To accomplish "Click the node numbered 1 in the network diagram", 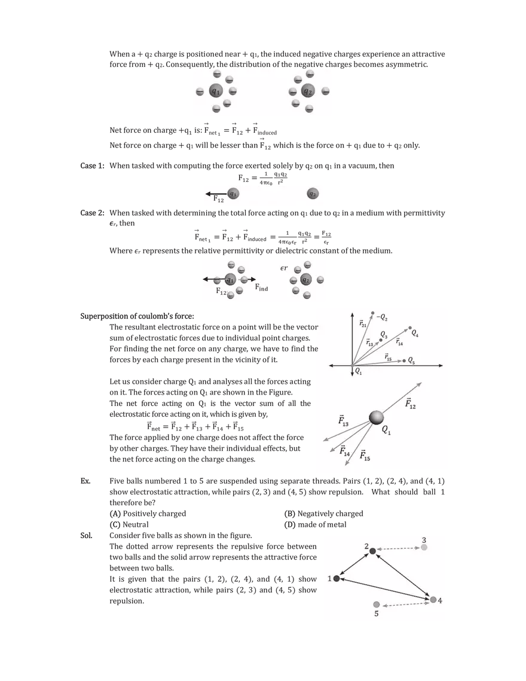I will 337,578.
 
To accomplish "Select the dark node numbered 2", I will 372,551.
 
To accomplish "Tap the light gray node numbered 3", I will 424,547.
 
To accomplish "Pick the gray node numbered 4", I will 433,599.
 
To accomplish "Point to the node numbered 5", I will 377,604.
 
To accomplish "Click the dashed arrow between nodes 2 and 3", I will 397,549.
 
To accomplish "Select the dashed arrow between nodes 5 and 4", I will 405,602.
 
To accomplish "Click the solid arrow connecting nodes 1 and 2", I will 354,564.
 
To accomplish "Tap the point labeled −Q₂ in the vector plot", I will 372,314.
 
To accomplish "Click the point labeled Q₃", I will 380,340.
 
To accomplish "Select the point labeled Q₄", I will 410,328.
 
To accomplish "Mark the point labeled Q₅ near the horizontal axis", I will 404,361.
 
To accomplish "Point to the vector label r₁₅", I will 388,358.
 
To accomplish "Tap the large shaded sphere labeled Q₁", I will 377,417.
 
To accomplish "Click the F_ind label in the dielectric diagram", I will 261,288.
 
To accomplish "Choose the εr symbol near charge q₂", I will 284,268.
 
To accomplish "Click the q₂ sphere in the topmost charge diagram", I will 308,91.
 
